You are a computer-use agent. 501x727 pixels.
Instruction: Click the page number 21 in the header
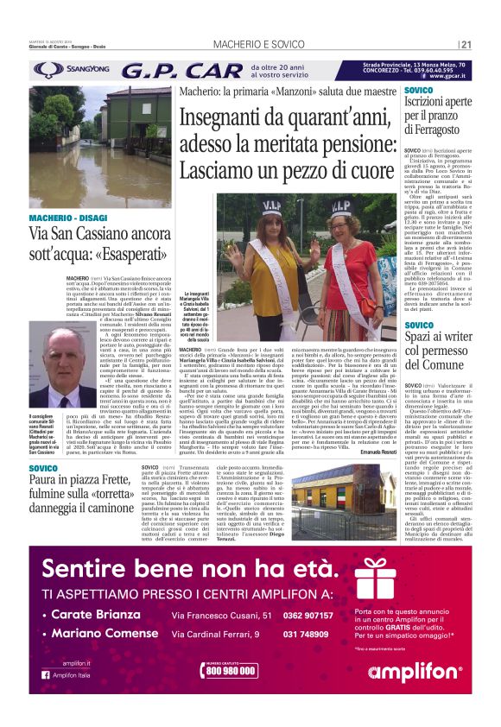tap(466, 45)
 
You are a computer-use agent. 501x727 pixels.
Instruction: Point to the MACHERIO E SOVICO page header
tap(250, 45)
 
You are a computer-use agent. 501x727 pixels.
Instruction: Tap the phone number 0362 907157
tap(308, 616)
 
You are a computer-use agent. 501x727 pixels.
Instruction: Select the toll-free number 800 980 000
tap(231, 669)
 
